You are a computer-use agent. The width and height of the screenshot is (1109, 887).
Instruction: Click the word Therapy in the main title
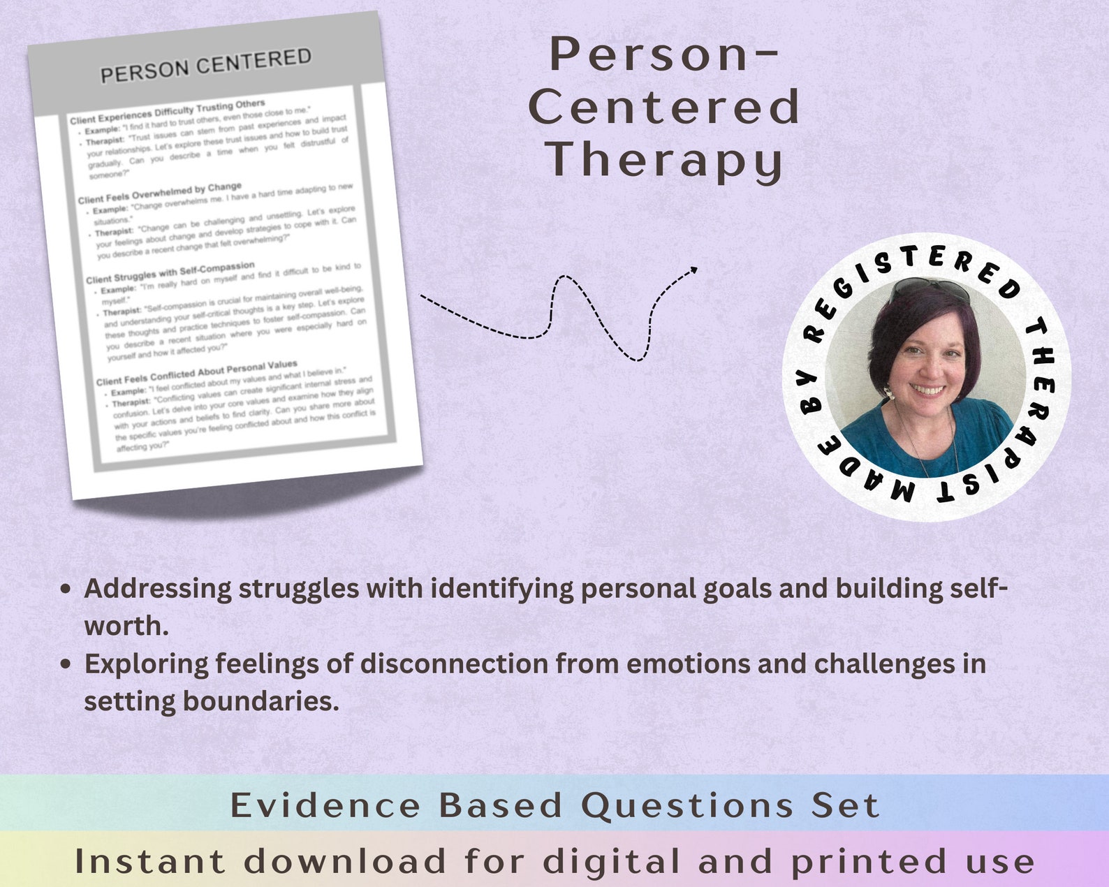click(664, 159)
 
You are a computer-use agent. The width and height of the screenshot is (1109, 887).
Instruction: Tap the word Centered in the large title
click(664, 107)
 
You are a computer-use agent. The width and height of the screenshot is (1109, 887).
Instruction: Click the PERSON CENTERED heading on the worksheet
click(205, 65)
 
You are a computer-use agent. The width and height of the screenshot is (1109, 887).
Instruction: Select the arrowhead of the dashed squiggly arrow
click(693, 269)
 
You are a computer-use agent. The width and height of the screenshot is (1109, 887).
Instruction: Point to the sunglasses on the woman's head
click(931, 287)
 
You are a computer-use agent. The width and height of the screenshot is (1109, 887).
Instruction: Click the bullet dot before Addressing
click(66, 589)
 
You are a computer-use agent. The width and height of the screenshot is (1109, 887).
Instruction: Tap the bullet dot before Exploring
click(66, 664)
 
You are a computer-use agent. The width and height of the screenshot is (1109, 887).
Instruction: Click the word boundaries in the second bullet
click(260, 701)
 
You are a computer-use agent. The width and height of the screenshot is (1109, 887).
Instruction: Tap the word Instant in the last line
click(149, 861)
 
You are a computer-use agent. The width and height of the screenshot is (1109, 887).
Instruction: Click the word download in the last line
click(344, 861)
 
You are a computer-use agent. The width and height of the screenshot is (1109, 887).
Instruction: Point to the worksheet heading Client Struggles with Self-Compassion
click(170, 273)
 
